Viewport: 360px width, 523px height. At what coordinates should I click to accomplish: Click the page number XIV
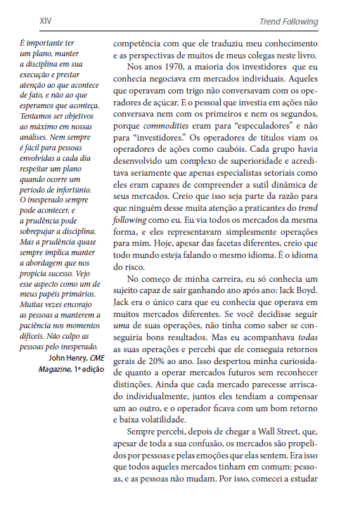click(26, 22)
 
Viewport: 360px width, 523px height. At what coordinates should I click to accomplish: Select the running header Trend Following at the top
click(288, 22)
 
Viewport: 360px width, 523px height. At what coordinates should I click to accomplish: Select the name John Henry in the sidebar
click(60, 358)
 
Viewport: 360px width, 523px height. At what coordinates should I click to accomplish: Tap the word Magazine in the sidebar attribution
click(54, 369)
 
